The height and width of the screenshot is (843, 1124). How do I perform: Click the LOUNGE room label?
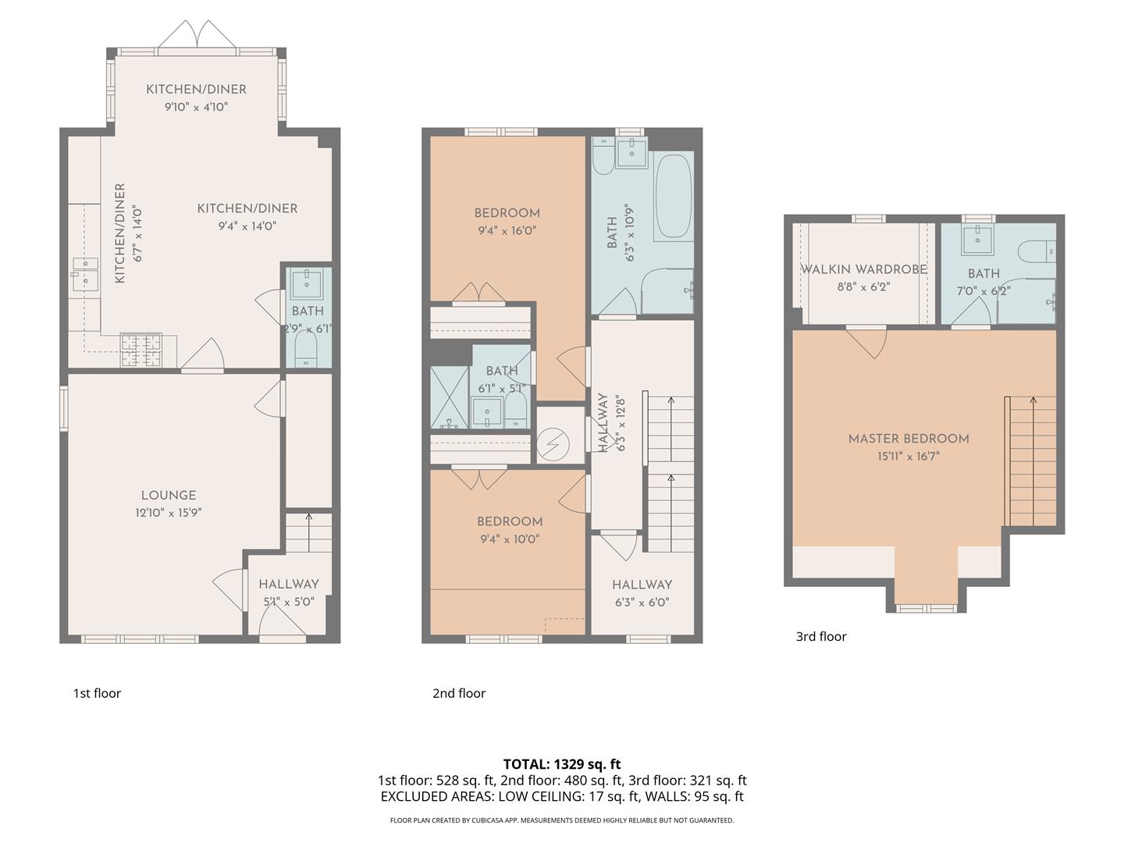point(169,496)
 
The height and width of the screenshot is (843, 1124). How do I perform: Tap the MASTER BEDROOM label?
point(909,439)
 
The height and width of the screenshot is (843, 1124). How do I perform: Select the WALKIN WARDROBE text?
point(863,269)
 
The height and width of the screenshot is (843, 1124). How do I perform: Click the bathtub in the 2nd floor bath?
point(672,196)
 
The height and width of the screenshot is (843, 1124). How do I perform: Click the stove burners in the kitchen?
point(141,350)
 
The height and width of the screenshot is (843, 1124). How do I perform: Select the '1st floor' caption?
point(97,693)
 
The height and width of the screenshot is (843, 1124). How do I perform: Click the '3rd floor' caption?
point(821,636)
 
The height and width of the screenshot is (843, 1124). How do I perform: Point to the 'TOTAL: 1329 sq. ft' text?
point(562,764)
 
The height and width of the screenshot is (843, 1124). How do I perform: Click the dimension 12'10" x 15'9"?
point(169,513)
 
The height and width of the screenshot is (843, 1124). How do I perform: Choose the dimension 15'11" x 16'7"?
point(909,456)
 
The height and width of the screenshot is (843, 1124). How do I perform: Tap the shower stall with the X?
point(450,397)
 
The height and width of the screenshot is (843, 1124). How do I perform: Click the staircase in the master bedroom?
point(1031,461)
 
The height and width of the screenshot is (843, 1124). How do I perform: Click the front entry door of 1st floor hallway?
point(282,621)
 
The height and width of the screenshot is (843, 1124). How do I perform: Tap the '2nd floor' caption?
point(459,693)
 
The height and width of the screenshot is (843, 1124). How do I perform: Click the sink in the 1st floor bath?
point(306,283)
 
